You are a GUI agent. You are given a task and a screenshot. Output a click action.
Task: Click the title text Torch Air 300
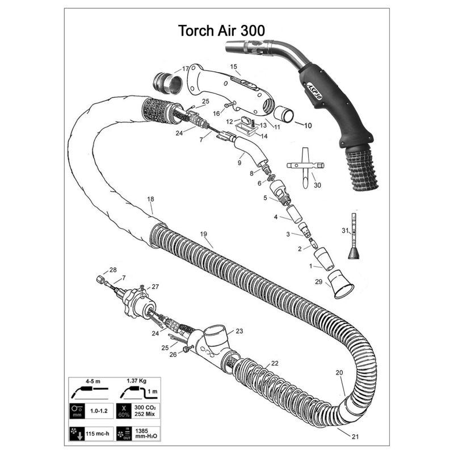pyautogui.click(x=221, y=31)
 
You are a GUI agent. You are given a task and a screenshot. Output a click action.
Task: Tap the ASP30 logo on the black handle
pyautogui.click(x=314, y=92)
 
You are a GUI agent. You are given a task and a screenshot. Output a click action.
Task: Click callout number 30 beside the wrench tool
pyautogui.click(x=317, y=186)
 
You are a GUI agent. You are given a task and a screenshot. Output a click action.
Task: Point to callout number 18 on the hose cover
pyautogui.click(x=150, y=199)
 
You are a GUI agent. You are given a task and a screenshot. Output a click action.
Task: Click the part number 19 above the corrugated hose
pyautogui.click(x=204, y=234)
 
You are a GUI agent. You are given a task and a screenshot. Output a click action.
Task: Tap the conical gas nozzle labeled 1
pyautogui.click(x=323, y=259)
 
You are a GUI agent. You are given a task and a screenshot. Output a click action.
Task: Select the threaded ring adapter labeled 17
pyautogui.click(x=168, y=83)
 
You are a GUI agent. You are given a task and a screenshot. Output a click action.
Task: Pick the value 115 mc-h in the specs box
pyautogui.click(x=98, y=434)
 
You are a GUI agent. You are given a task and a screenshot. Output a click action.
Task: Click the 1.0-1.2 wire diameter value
pyautogui.click(x=99, y=410)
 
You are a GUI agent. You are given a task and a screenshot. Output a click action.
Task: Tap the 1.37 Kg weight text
pyautogui.click(x=136, y=380)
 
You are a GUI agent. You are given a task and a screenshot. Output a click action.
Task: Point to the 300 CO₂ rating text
pyautogui.click(x=145, y=407)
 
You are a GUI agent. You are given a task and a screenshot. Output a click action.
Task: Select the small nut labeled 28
pyautogui.click(x=100, y=280)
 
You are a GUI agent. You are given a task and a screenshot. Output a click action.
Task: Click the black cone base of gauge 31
pyautogui.click(x=354, y=253)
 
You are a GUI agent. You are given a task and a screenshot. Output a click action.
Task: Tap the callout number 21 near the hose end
pyautogui.click(x=355, y=436)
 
